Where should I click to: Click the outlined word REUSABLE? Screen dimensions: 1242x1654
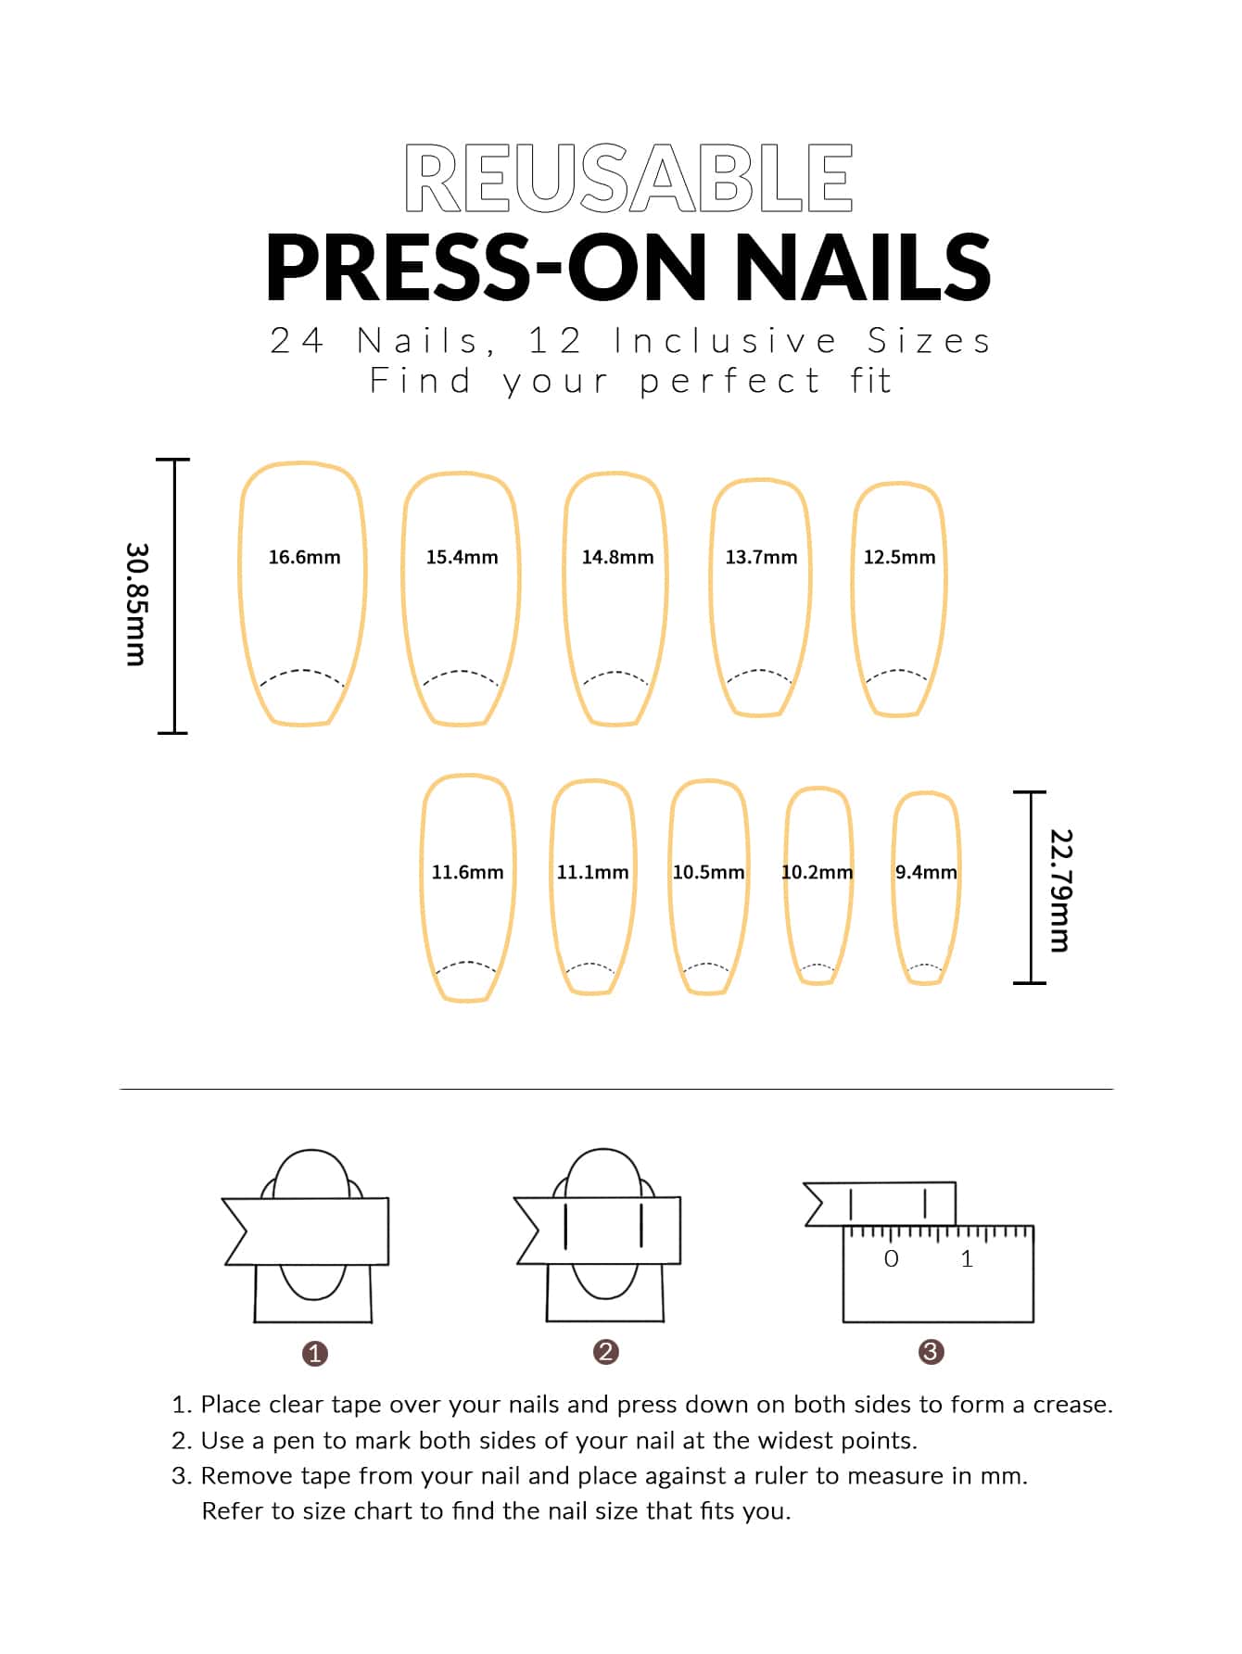[x=628, y=178]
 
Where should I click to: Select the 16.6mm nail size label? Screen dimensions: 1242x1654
[x=304, y=557]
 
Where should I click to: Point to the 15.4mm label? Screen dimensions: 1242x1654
[x=462, y=557]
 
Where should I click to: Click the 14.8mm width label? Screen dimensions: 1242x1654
[x=617, y=557]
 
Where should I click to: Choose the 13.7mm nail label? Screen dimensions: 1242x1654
[x=761, y=557]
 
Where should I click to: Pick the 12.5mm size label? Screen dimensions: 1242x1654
[x=899, y=557]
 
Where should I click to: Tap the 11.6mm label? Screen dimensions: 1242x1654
[x=467, y=872]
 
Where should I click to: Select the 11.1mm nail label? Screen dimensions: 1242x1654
[x=592, y=872]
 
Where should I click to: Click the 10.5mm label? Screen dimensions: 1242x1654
[x=708, y=872]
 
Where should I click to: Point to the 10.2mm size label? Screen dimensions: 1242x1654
[x=817, y=872]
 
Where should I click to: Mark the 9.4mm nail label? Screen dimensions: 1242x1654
[x=926, y=872]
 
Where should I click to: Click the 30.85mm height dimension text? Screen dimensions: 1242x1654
[x=136, y=604]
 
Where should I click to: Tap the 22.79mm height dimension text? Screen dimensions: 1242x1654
[x=1059, y=890]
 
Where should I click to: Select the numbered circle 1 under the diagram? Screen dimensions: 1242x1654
[x=315, y=1354]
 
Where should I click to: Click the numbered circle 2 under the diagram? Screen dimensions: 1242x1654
[x=605, y=1352]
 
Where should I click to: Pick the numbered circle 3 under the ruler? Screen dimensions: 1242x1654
[x=931, y=1352]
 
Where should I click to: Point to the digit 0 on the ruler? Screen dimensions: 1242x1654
[x=892, y=1258]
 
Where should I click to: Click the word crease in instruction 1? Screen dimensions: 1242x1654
[x=1072, y=1405]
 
